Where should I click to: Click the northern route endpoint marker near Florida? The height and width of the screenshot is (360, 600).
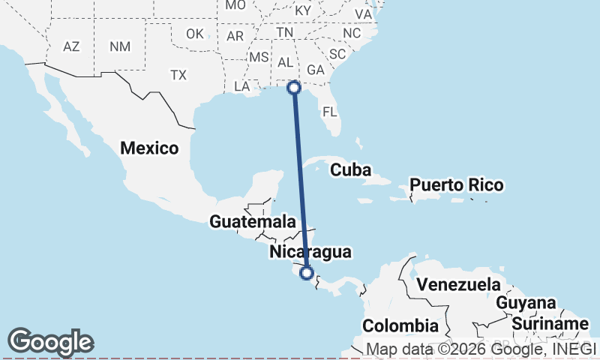294,88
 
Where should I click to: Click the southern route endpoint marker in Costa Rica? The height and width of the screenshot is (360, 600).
306,272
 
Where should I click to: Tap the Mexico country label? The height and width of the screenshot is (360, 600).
149,148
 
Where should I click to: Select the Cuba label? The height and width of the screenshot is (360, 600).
350,169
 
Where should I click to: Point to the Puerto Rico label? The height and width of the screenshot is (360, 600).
456,184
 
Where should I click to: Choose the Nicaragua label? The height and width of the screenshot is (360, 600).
310,252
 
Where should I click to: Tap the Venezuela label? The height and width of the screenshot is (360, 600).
458,284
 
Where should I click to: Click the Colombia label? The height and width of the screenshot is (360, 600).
400,325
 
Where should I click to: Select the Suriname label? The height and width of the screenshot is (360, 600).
550,324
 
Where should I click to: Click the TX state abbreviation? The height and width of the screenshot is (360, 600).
178,75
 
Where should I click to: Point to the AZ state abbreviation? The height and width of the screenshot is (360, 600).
71,46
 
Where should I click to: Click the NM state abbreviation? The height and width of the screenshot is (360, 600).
119,46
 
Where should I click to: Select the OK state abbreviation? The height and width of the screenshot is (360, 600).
195,34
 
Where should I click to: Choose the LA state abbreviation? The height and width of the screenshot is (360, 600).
241,86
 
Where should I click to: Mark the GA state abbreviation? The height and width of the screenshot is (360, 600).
315,70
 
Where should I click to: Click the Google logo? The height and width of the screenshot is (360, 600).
50,342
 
